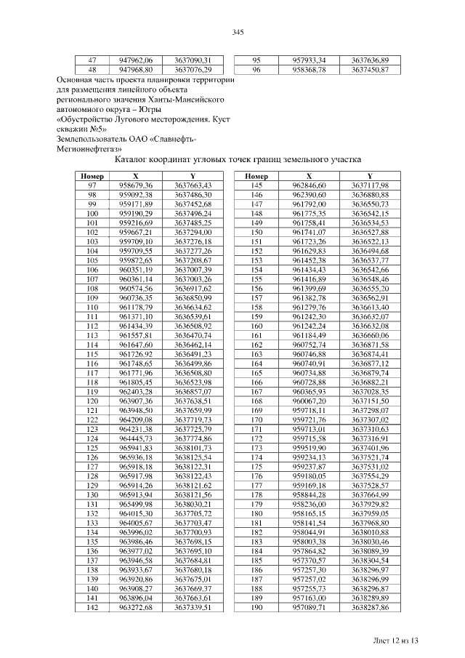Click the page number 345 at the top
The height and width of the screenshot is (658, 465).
[236, 33]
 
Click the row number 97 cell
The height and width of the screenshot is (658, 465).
[92, 187]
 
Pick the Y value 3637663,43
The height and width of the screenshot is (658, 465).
[193, 187]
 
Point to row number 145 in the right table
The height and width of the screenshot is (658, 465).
[256, 187]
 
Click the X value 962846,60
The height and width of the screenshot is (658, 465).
[310, 187]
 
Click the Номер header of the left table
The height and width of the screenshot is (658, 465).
[92, 177]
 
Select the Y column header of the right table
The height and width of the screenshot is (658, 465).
[370, 177]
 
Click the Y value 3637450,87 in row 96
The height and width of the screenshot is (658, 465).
[370, 70]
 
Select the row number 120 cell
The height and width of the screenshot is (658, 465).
[92, 401]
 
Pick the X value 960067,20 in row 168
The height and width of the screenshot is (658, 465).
[310, 401]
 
